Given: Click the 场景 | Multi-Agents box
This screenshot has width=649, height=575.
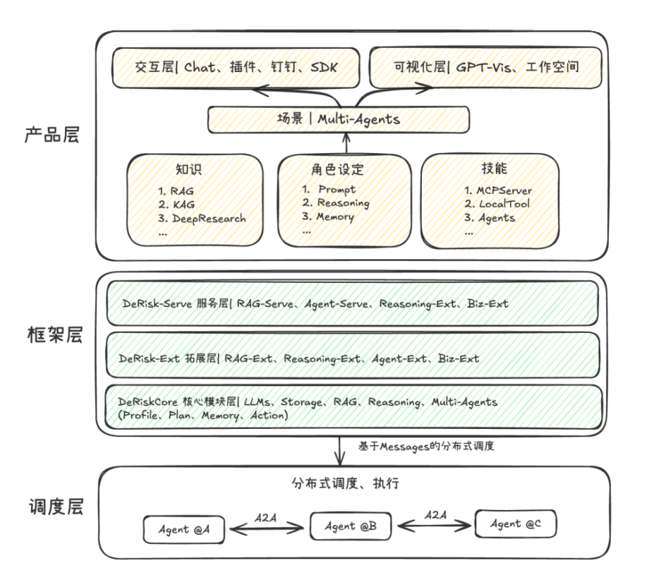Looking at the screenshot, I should tap(338, 119).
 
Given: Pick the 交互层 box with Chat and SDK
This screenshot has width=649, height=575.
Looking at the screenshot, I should tap(236, 67).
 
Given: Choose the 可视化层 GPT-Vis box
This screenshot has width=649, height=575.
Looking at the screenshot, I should tap(486, 67).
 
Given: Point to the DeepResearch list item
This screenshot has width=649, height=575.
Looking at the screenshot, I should tap(202, 219).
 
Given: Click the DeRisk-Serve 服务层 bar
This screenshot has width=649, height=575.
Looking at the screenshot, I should tap(351, 303).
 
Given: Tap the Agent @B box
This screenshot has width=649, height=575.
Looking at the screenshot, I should tap(351, 526).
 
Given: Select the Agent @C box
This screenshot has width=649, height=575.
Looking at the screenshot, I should tap(516, 523).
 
